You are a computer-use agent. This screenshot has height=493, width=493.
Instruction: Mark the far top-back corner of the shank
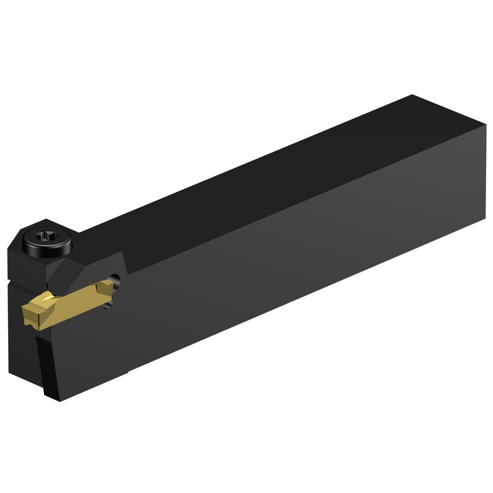click(x=412, y=95)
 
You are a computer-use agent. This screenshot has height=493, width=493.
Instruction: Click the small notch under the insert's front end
click(x=35, y=330)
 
